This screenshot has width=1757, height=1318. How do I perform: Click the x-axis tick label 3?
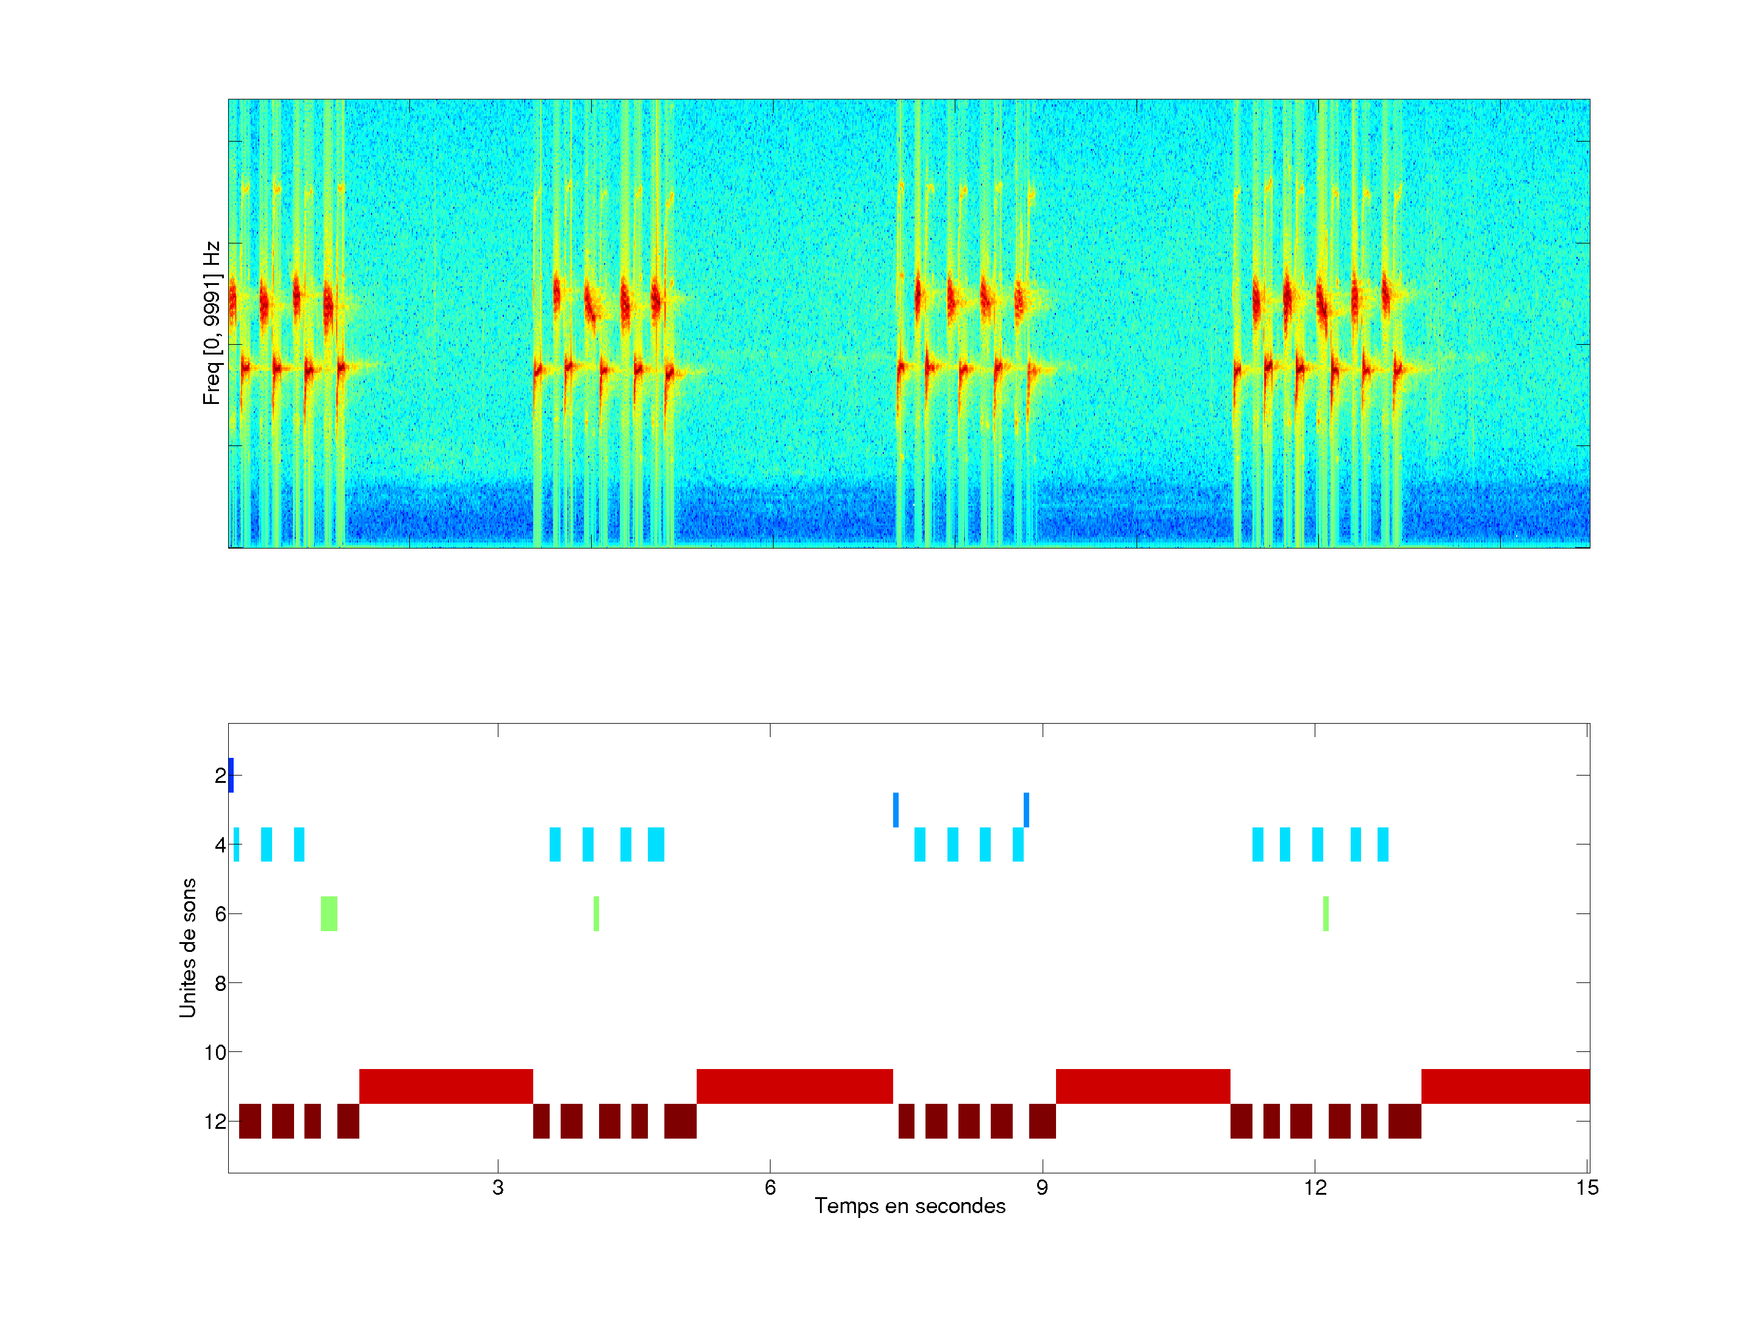(498, 1187)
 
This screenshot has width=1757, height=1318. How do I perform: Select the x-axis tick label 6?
(770, 1187)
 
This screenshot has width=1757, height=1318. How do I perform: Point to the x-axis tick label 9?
(1042, 1187)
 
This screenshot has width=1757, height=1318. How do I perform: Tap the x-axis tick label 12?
(1315, 1187)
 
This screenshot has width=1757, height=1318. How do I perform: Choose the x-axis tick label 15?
(1587, 1187)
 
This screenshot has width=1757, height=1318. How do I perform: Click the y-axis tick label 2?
(220, 776)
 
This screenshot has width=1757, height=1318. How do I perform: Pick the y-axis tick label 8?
(220, 984)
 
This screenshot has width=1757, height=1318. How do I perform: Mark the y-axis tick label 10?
(215, 1053)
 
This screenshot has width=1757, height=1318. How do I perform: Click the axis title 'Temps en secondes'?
(910, 1206)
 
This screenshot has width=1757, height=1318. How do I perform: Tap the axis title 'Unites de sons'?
(187, 948)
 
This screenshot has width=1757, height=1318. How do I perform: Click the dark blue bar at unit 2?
(231, 776)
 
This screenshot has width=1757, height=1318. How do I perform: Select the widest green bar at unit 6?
(329, 913)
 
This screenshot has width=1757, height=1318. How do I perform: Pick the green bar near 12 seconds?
(1326, 913)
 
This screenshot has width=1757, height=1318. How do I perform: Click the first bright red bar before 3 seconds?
(445, 1086)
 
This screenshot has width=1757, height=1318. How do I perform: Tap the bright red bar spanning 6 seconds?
(794, 1086)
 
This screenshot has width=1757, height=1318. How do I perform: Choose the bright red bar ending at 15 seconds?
(1505, 1086)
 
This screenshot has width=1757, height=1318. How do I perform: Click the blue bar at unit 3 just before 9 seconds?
(1026, 810)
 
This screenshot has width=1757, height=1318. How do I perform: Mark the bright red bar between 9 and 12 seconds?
(1142, 1086)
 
